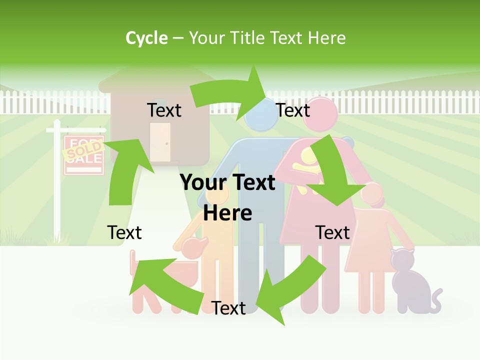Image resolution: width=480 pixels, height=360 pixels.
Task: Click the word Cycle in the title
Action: click(146, 38)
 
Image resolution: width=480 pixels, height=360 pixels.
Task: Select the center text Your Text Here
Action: click(227, 197)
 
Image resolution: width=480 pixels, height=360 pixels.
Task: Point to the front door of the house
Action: click(160, 142)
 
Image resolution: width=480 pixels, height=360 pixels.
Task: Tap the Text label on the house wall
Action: click(164, 110)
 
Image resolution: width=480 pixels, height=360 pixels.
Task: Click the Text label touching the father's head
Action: click(293, 110)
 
